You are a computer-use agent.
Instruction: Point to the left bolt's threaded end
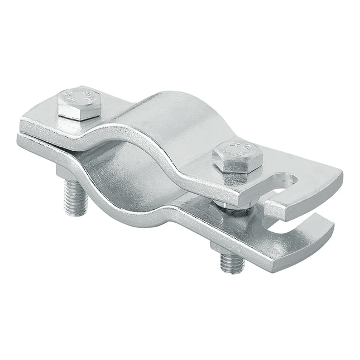click(75, 198)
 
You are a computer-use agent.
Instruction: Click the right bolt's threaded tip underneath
click(231, 263)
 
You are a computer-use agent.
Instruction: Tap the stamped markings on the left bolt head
click(78, 96)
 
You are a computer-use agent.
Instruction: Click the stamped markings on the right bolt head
click(237, 148)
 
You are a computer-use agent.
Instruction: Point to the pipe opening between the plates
click(126, 167)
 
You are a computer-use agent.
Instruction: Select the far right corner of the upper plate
click(339, 173)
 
